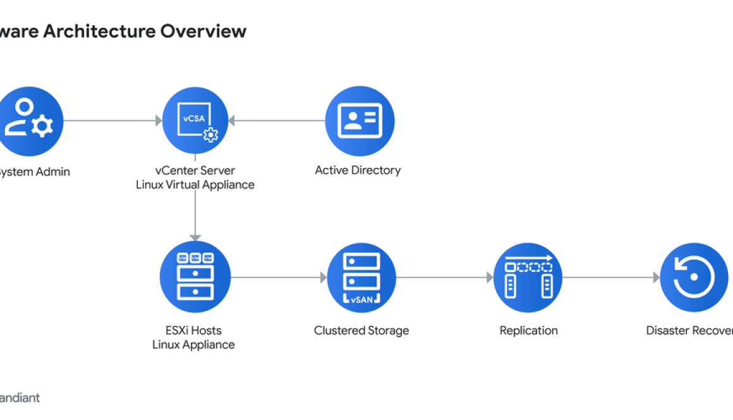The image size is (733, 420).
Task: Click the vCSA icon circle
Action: (195, 120)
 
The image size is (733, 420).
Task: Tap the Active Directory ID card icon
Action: (360, 121)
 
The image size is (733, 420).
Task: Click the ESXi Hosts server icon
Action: (195, 277)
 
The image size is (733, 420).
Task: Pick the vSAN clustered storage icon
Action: (361, 277)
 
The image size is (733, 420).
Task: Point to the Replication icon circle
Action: (528, 277)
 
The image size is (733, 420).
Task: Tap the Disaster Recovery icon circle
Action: (694, 277)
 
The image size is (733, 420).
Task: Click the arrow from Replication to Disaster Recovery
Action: (610, 277)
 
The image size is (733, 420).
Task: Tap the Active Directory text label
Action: (358, 170)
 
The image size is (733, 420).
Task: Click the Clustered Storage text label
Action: (361, 330)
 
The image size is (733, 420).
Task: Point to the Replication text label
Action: (528, 330)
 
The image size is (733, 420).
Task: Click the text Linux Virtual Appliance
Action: (195, 185)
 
